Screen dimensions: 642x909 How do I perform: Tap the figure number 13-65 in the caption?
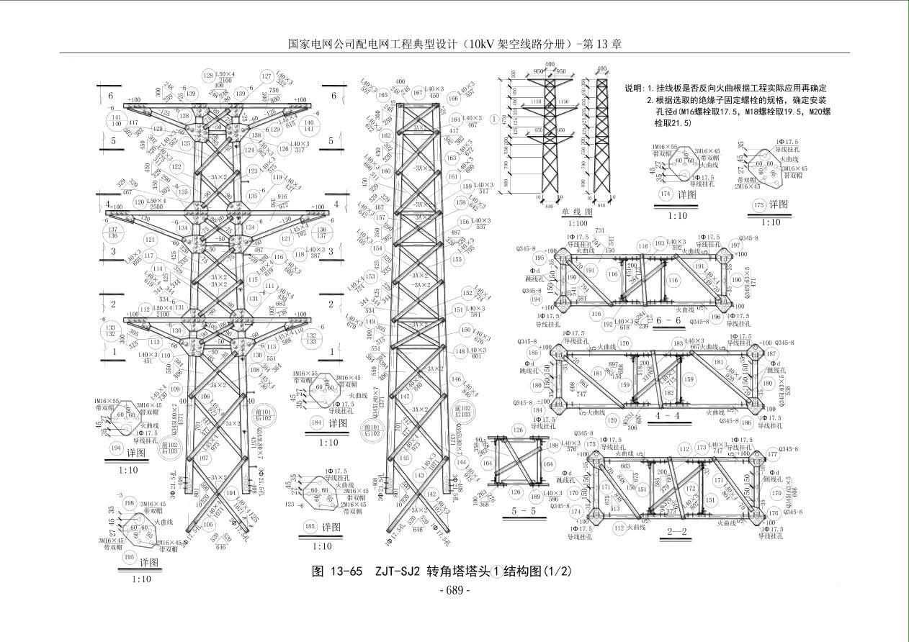click(345, 571)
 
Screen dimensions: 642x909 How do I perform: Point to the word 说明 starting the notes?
click(634, 88)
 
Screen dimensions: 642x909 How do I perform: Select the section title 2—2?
click(677, 532)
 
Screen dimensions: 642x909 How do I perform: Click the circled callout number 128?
click(209, 76)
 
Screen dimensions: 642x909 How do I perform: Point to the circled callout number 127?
click(267, 76)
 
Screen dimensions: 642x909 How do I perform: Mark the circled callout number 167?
click(417, 91)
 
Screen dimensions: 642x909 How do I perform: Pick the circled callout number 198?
click(130, 503)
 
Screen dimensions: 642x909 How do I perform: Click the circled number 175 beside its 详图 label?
click(758, 206)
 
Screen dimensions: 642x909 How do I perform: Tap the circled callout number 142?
click(431, 494)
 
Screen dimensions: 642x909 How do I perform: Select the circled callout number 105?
click(207, 525)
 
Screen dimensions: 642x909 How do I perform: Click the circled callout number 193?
click(659, 243)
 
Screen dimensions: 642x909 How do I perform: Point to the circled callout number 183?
click(678, 344)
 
